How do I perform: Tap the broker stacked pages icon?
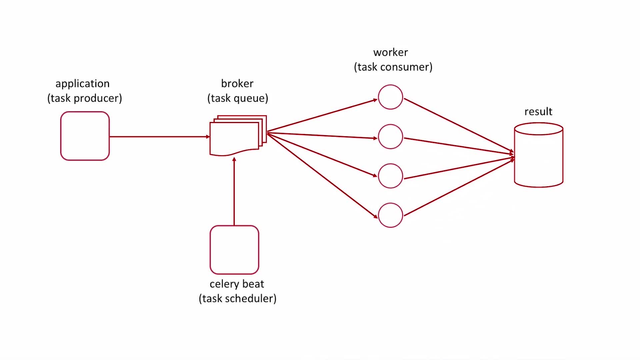238,135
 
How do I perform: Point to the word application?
82,84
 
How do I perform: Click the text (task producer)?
85,98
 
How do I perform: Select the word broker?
237,83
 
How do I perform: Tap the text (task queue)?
238,98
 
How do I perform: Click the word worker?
390,52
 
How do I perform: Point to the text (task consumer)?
393,67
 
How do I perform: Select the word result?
538,111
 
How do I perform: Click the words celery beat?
237,284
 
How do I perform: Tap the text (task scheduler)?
237,298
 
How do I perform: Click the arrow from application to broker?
160,137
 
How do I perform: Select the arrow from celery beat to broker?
234,191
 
